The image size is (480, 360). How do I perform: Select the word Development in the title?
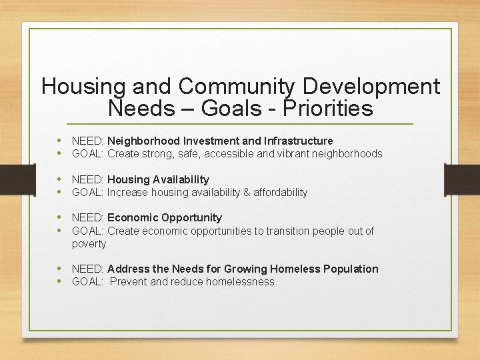point(372,87)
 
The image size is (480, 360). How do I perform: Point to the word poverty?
point(89,244)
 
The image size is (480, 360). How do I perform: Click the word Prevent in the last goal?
point(130,282)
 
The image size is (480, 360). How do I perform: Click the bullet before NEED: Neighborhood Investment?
point(60,141)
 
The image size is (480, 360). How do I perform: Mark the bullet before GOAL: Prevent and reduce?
point(60,281)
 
